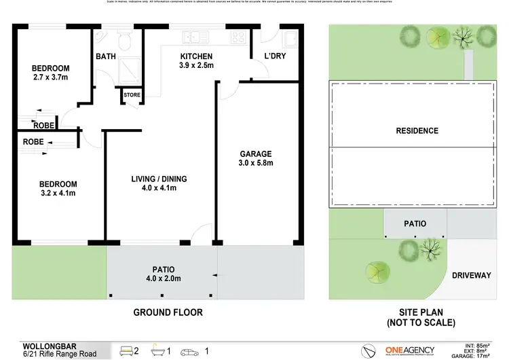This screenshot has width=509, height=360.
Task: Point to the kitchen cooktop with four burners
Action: (x=240, y=35)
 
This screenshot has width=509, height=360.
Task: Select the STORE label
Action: (x=132, y=95)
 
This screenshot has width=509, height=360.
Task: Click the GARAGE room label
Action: (x=255, y=154)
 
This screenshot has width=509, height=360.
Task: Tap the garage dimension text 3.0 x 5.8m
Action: (x=255, y=164)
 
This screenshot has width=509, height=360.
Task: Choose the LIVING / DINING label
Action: (x=159, y=179)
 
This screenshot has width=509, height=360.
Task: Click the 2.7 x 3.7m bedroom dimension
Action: (x=51, y=78)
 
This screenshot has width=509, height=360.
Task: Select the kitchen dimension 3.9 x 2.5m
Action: (x=196, y=66)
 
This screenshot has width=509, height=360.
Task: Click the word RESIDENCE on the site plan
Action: (x=417, y=131)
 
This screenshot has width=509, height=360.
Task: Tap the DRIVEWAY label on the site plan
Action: (x=471, y=275)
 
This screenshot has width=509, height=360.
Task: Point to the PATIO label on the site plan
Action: (x=415, y=223)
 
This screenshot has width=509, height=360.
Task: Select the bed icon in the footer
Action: (x=126, y=351)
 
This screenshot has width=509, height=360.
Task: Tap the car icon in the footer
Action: (x=192, y=351)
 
